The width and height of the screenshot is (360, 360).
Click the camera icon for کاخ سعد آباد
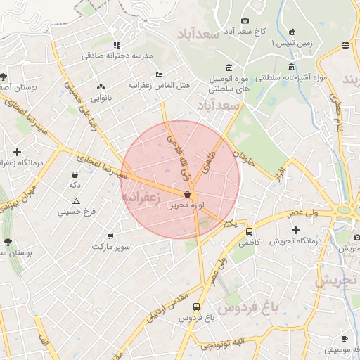(245, 21)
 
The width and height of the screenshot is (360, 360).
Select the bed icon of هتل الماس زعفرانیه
(160, 74)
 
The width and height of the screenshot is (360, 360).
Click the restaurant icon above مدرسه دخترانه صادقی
(117, 45)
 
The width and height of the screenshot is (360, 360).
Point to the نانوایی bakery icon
(100, 87)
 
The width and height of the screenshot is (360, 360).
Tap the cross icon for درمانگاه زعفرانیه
(17, 152)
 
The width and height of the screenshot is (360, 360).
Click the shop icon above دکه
(75, 174)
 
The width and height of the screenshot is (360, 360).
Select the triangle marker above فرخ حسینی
(76, 201)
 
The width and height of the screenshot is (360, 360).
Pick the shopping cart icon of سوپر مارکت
(110, 236)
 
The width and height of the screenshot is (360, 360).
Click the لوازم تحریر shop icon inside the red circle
(187, 195)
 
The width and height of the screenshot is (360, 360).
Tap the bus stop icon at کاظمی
(249, 231)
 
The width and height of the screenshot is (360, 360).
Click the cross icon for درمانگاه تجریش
(295, 230)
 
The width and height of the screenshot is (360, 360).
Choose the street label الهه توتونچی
(221, 344)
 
